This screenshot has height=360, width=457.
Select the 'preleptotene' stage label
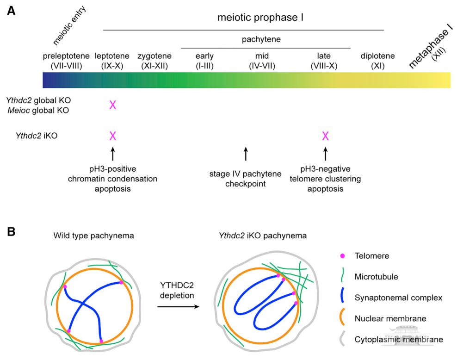pyautogui.click(x=67, y=56)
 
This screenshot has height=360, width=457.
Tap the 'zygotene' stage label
pyautogui.click(x=153, y=56)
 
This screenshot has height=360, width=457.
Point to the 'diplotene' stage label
pyautogui.click(x=377, y=56)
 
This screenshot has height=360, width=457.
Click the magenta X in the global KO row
pyautogui.click(x=112, y=105)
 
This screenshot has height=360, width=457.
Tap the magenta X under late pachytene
pyautogui.click(x=326, y=136)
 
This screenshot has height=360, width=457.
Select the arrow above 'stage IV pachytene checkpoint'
pyautogui.click(x=246, y=154)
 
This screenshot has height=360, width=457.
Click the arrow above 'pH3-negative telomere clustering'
pyautogui.click(x=326, y=154)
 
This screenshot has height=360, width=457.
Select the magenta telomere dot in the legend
pyautogui.click(x=343, y=255)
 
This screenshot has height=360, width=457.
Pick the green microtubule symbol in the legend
pyautogui.click(x=343, y=276)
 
